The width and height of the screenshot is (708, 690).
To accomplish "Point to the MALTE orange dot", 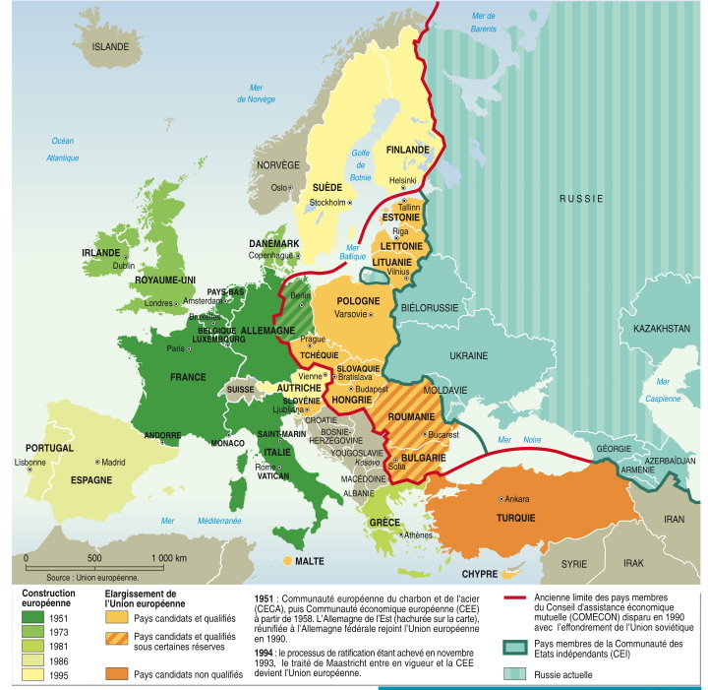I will pos(288,561).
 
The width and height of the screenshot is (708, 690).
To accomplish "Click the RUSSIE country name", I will pos(580,198).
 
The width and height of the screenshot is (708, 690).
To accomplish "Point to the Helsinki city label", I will pos(402,180).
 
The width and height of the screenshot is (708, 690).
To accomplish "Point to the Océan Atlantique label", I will pos(63,149).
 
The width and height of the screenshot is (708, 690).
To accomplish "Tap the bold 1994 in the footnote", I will pos(263,652).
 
